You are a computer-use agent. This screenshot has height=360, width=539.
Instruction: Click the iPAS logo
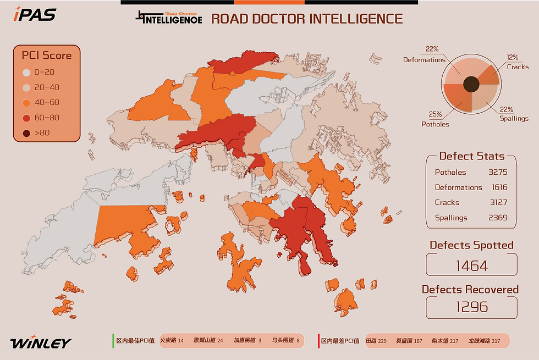pyautogui.click(x=35, y=14)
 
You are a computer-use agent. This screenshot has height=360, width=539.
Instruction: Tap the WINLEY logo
pyautogui.click(x=41, y=344)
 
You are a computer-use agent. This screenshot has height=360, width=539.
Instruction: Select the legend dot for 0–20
pyautogui.click(x=26, y=73)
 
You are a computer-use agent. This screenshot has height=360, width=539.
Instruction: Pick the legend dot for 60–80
pyautogui.click(x=26, y=118)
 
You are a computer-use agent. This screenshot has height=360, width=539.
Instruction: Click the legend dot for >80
pyautogui.click(x=26, y=133)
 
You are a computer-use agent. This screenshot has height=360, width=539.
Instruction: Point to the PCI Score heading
pyautogui.click(x=47, y=55)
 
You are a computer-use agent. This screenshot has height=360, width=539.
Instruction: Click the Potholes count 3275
pyautogui.click(x=498, y=172)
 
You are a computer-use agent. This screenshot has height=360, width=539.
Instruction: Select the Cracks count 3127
pyautogui.click(x=498, y=202)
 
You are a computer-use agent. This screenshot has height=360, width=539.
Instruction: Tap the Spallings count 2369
pyautogui.click(x=498, y=218)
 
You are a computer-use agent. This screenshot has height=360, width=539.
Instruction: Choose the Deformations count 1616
pyautogui.click(x=498, y=187)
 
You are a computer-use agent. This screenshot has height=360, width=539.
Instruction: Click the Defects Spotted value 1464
pyautogui.click(x=472, y=266)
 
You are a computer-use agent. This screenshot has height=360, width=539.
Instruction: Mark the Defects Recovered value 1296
pyautogui.click(x=472, y=306)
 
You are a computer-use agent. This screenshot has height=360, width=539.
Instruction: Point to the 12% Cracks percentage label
pyautogui.click(x=513, y=57)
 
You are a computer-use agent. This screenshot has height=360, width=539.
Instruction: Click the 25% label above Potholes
pyautogui.click(x=436, y=114)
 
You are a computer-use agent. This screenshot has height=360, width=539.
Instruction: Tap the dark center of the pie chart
pyautogui.click(x=471, y=85)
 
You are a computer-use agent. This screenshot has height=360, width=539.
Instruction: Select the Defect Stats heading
pyautogui.click(x=472, y=156)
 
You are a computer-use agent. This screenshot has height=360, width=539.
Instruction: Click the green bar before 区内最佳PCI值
pyautogui.click(x=113, y=340)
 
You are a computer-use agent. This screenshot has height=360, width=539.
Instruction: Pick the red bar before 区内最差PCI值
pyautogui.click(x=318, y=340)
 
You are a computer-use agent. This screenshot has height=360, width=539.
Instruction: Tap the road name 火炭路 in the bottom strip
pyautogui.click(x=168, y=341)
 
